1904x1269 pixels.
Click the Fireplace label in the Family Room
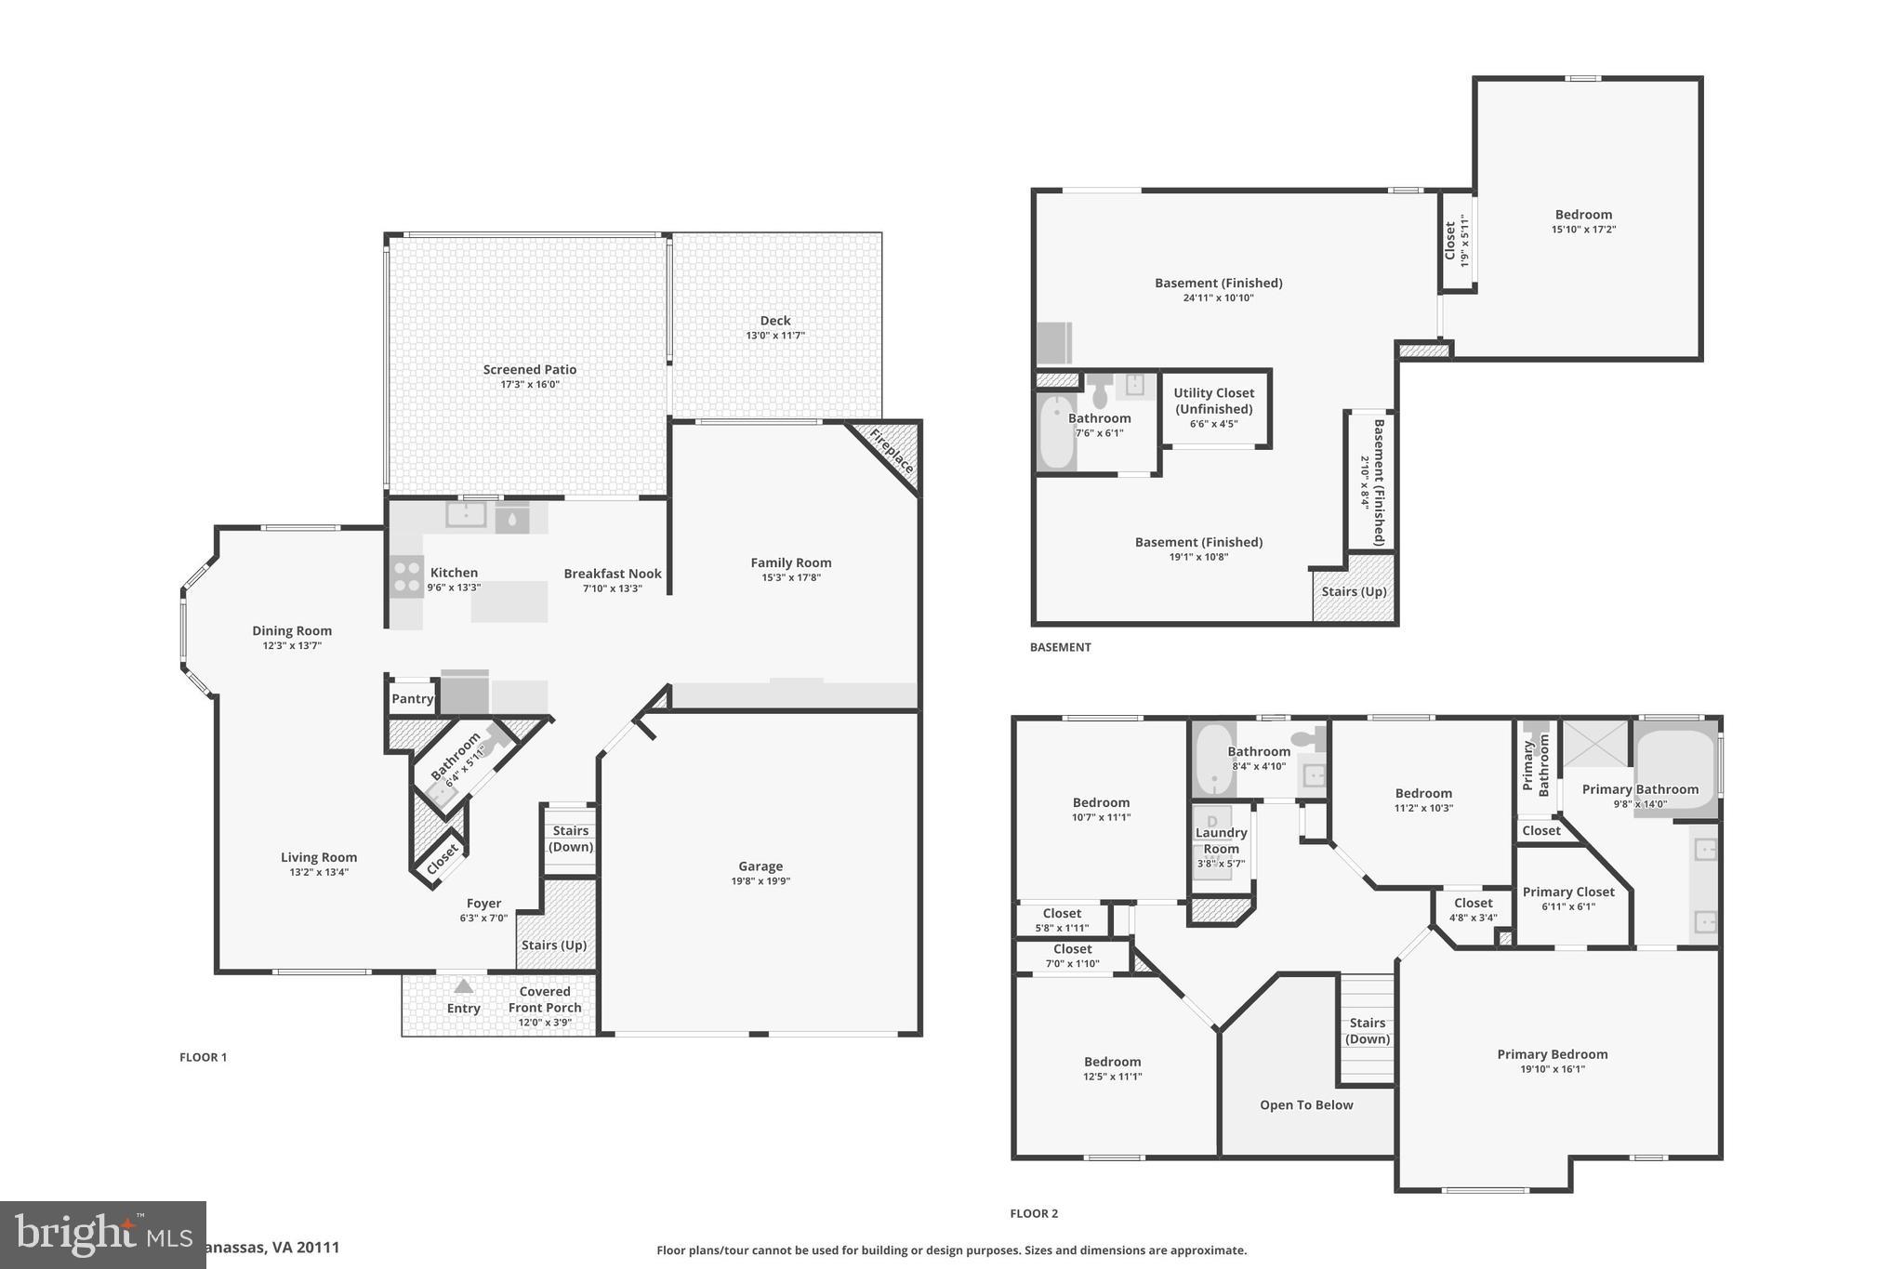coord(892,451)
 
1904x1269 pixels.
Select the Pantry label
coord(412,699)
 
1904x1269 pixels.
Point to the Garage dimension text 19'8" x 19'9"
coord(760,881)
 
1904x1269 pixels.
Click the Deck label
coord(774,321)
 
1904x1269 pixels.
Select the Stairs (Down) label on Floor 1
coord(570,839)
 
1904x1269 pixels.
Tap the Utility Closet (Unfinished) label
coord(1213,401)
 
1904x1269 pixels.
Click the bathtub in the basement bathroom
coord(1056,433)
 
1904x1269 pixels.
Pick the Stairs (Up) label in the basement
coord(1354,591)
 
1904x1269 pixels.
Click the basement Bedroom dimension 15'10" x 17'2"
coord(1583,230)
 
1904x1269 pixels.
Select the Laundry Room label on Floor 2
coord(1221,840)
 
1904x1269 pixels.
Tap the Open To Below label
coord(1305,1105)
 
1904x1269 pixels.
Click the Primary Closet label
coord(1567,892)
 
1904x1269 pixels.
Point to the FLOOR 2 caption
coord(1034,1213)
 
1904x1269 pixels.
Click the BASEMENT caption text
coord(1060,647)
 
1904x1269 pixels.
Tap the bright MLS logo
coord(102,1235)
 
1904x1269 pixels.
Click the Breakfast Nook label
coord(612,574)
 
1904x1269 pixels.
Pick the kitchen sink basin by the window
coord(465,513)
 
